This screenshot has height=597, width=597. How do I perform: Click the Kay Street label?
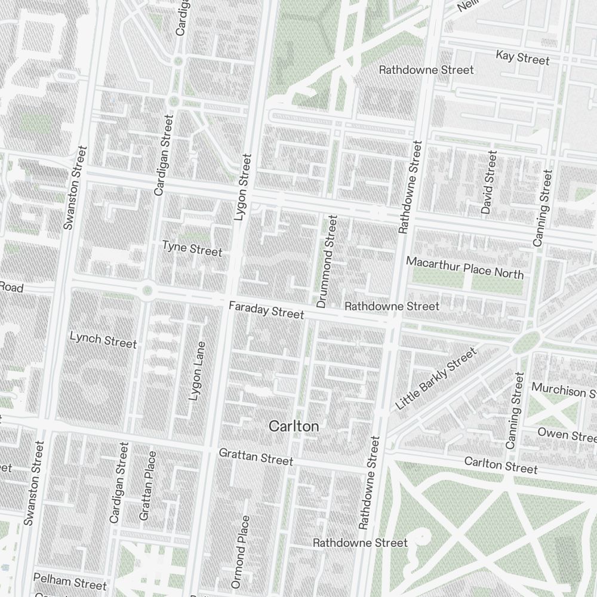point(522,58)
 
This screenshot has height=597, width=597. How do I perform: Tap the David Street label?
point(488,183)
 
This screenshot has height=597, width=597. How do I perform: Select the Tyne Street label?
point(192,248)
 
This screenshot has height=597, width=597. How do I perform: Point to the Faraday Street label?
point(266,310)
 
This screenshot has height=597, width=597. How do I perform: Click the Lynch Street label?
point(103,339)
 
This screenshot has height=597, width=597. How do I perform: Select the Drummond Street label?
point(327,261)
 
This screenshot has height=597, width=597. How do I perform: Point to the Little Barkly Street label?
point(436,378)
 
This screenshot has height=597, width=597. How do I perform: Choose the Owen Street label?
point(566,433)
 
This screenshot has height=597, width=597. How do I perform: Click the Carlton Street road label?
point(500,464)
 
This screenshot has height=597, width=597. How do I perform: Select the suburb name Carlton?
point(294,426)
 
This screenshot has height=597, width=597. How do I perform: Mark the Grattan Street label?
point(256,457)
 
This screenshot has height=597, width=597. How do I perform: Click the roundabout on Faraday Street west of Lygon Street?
point(147,291)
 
